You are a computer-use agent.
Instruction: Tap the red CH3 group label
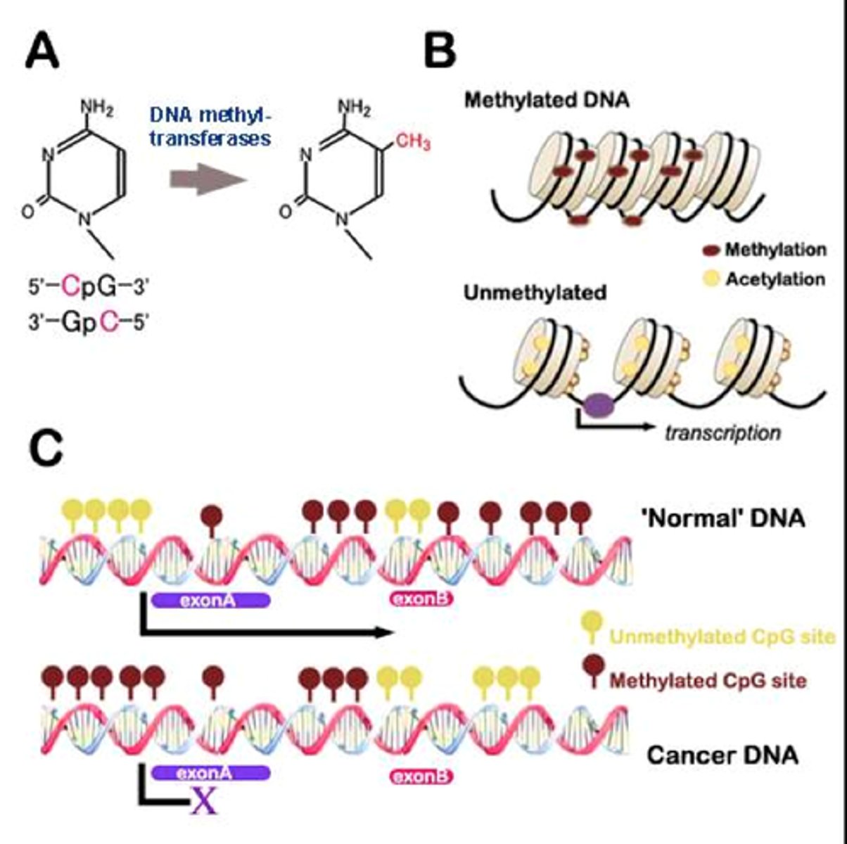[412, 143]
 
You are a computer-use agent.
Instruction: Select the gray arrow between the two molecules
[208, 181]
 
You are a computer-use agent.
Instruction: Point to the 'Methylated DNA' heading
[547, 100]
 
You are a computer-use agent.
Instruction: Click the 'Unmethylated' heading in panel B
[535, 293]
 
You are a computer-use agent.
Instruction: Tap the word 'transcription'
[722, 432]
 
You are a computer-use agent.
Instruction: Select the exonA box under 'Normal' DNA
[210, 600]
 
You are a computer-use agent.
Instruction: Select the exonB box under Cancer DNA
[421, 777]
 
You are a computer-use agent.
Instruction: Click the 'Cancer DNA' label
[722, 755]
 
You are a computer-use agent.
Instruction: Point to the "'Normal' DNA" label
[722, 519]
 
